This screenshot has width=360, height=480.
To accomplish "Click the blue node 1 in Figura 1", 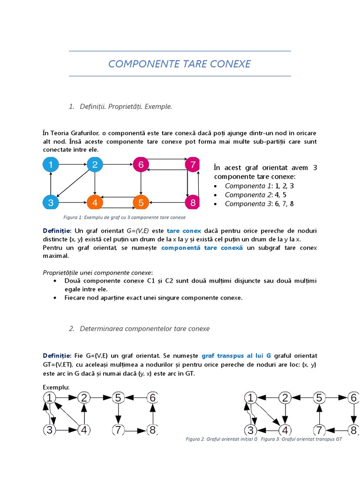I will tap(51, 165).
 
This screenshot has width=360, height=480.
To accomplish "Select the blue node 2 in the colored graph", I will tap(95, 165).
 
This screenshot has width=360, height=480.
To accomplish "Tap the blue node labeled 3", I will tap(51, 202).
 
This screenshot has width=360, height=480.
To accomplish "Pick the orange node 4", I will tap(95, 202).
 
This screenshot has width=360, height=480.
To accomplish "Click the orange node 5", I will tap(140, 202).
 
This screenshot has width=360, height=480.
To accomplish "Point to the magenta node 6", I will tap(140, 165).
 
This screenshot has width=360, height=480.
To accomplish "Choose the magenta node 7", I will tap(193, 165).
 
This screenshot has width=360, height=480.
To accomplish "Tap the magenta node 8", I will tap(193, 202).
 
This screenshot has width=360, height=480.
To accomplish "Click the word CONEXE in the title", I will tap(231, 64).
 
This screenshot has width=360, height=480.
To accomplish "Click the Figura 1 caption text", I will tap(124, 217).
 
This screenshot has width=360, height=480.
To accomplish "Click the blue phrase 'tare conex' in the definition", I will tap(184, 231).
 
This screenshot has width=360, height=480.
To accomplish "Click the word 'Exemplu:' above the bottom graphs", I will tap(56, 388).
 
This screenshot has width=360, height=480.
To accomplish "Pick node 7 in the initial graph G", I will tap(118, 429).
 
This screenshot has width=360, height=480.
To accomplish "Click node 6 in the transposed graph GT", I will tap(353, 398).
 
